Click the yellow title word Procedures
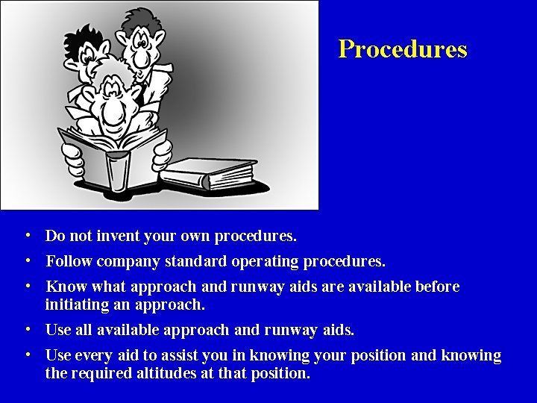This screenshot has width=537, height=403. click(x=403, y=49)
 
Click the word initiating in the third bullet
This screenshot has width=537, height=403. click(x=73, y=304)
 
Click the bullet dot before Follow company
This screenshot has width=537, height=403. click(x=27, y=262)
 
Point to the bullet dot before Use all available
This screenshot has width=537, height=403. click(x=27, y=329)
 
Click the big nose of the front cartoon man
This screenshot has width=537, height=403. click(x=112, y=112)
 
